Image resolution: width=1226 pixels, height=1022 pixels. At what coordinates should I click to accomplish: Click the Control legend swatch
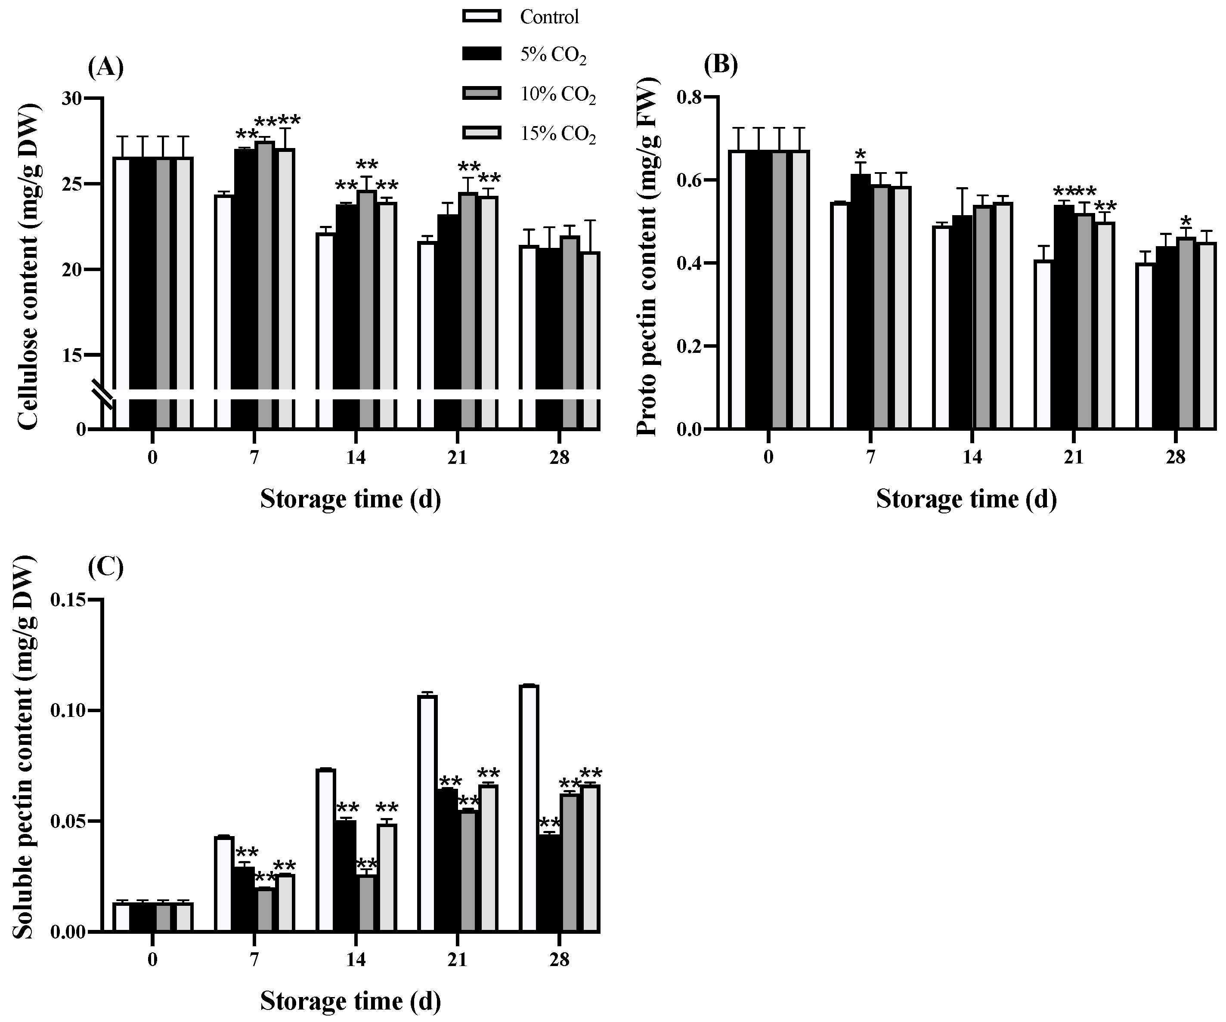(x=482, y=16)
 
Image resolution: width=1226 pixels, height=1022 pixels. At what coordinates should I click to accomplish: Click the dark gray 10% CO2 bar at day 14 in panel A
(x=367, y=309)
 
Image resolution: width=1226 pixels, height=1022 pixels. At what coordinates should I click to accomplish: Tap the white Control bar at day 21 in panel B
(x=1043, y=344)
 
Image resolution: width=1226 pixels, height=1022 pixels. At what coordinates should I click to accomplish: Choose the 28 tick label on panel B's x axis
(x=1175, y=457)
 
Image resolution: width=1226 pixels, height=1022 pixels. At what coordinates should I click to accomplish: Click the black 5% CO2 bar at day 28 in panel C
(x=549, y=884)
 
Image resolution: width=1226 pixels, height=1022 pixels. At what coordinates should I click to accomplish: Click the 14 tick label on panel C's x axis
(x=356, y=960)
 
